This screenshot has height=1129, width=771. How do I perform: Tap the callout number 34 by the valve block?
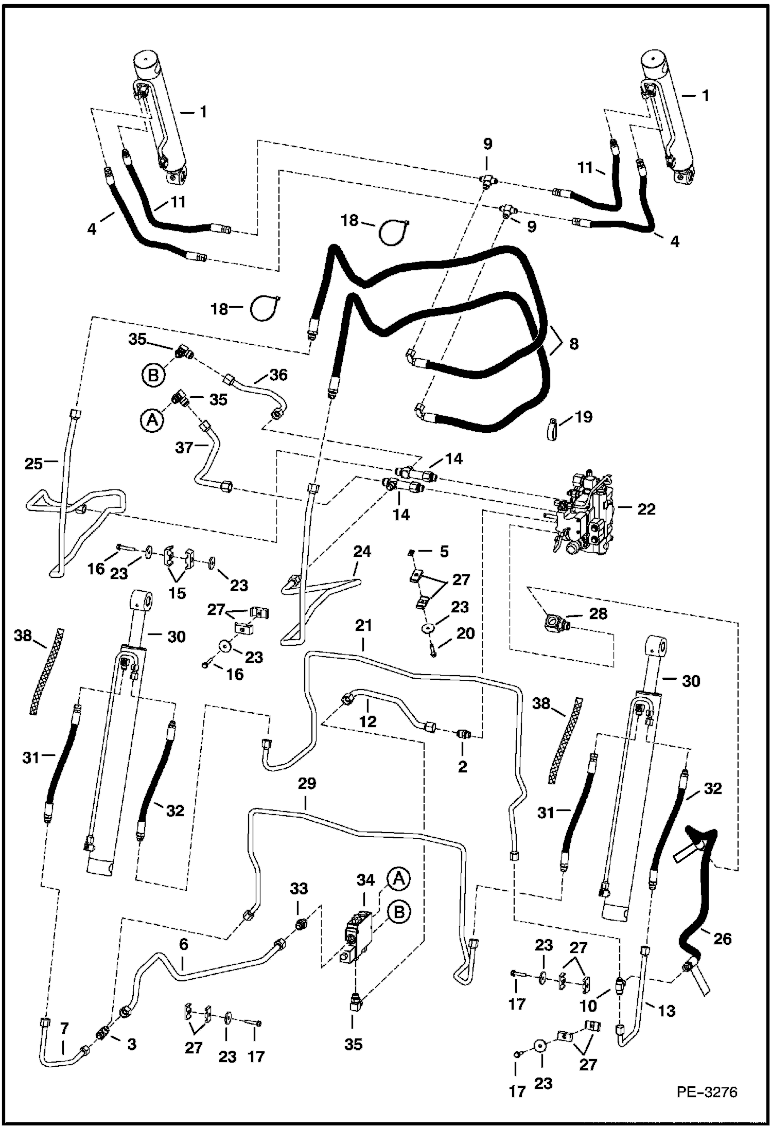pos(365,880)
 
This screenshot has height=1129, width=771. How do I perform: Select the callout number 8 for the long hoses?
pos(573,343)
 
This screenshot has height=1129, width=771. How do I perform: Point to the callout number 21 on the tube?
pos(363,627)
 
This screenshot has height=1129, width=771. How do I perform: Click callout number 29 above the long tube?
pos(307,784)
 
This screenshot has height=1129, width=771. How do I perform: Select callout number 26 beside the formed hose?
pos(723,939)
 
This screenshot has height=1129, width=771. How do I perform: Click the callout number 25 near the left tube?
pos(34,464)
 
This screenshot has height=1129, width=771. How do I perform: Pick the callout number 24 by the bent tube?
pos(362,552)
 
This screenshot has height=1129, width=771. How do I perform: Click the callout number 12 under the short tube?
pos(367,721)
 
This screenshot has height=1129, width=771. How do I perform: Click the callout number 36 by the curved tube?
pos(278,375)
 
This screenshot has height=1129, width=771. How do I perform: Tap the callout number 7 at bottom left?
pos(64,1028)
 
